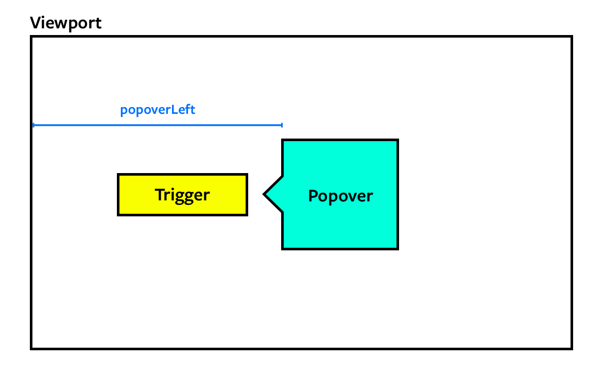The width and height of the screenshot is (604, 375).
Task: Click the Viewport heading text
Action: pyautogui.click(x=66, y=23)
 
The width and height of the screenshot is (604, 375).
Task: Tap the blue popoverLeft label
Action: pyautogui.click(x=158, y=110)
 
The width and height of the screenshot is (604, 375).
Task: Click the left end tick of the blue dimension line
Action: pyautogui.click(x=33, y=125)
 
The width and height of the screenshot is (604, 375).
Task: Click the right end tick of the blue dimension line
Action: pyautogui.click(x=282, y=125)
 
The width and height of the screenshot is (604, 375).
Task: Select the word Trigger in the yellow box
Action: pyautogui.click(x=182, y=195)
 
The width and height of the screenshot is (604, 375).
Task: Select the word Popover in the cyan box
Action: pyautogui.click(x=340, y=196)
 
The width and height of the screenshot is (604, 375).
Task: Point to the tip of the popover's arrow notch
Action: pyautogui.click(x=264, y=194)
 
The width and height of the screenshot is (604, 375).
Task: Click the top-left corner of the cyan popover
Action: pyautogui.click(x=283, y=140)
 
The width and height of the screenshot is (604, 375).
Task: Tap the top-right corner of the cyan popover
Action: pyautogui.click(x=398, y=140)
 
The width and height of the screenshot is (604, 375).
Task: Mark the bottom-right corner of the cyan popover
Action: pyautogui.click(x=398, y=249)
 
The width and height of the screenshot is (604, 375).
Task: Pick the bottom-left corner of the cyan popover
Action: pyautogui.click(x=283, y=249)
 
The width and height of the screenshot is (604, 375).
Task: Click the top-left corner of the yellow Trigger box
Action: pyautogui.click(x=118, y=175)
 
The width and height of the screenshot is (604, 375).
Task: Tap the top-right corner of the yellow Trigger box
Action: pyautogui.click(x=247, y=175)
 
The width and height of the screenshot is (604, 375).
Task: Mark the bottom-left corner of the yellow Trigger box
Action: pyautogui.click(x=118, y=215)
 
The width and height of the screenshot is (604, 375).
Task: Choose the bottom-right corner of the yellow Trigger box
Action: pyautogui.click(x=247, y=215)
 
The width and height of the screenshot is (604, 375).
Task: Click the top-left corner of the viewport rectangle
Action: pyautogui.click(x=31, y=37)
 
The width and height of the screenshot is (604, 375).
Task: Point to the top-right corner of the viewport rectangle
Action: pyautogui.click(x=572, y=37)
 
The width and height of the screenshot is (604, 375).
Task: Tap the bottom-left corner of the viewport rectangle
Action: pyautogui.click(x=31, y=349)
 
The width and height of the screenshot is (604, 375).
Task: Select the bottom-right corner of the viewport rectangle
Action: pyautogui.click(x=572, y=349)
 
